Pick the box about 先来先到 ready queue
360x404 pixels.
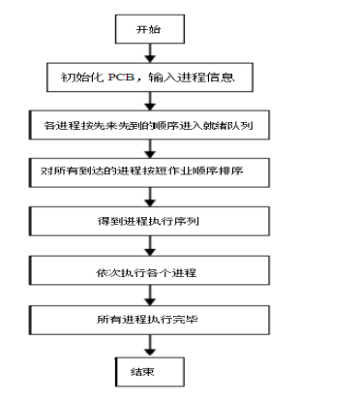(149, 126)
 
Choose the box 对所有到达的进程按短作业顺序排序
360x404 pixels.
(149, 173)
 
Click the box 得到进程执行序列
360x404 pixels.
(149, 222)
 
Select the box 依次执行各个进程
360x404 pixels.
(149, 270)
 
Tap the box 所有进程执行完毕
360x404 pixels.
(149, 319)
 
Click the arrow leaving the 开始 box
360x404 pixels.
(147, 51)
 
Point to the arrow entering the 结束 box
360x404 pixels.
(148, 346)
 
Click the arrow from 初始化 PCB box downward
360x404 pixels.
(148, 101)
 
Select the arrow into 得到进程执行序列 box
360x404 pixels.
(148, 198)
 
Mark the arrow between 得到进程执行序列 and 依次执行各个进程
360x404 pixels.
(148, 246)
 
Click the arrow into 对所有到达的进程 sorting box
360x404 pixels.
(148, 149)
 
